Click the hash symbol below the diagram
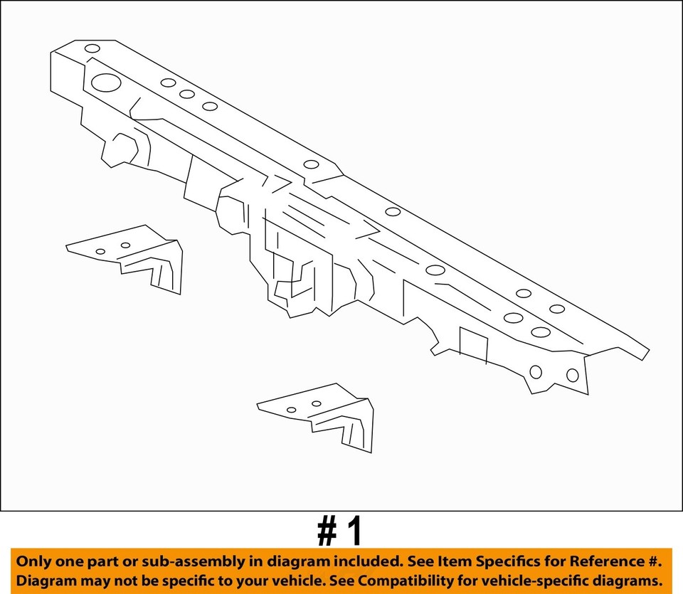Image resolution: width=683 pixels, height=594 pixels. [327, 532]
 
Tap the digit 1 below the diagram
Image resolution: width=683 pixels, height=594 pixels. [354, 531]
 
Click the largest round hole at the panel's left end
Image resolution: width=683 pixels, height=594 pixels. [106, 83]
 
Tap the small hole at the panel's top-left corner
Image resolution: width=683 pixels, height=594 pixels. [92, 49]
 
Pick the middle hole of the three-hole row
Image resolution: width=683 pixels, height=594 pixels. [187, 94]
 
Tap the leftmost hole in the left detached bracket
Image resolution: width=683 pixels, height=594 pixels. [100, 251]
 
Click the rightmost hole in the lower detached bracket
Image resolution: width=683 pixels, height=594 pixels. [316, 403]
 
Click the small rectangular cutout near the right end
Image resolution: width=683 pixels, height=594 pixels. [473, 342]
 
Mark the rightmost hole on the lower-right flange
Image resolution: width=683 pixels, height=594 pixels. [572, 375]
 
